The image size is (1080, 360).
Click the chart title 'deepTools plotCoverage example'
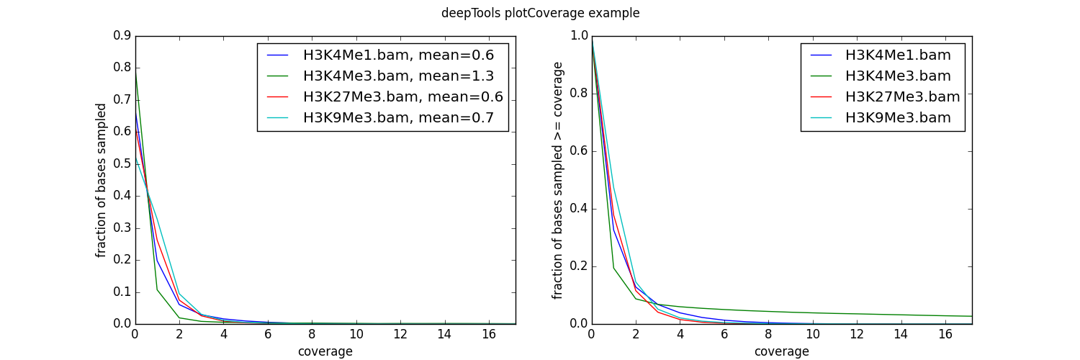(x=540, y=13)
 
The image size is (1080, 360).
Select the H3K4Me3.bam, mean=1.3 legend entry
(x=398, y=76)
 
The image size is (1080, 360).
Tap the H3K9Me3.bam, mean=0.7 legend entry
(x=398, y=118)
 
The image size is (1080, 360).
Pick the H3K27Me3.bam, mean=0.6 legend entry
(x=402, y=97)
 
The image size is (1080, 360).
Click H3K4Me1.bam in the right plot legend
(x=898, y=55)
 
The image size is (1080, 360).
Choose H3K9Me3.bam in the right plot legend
(x=898, y=118)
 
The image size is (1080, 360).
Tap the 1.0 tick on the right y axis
(x=577, y=36)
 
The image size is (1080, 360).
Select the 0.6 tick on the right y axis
(x=577, y=151)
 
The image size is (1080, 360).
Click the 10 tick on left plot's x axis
(x=356, y=334)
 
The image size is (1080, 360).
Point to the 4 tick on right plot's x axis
(x=680, y=334)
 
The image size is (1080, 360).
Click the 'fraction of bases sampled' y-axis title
(x=102, y=180)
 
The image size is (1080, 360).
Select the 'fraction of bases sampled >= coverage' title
(x=557, y=180)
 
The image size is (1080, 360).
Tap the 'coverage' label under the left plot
(x=325, y=351)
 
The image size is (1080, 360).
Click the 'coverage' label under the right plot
(x=781, y=351)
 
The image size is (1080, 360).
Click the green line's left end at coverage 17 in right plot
(x=971, y=316)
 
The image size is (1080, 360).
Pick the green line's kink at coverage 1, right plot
(x=613, y=268)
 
